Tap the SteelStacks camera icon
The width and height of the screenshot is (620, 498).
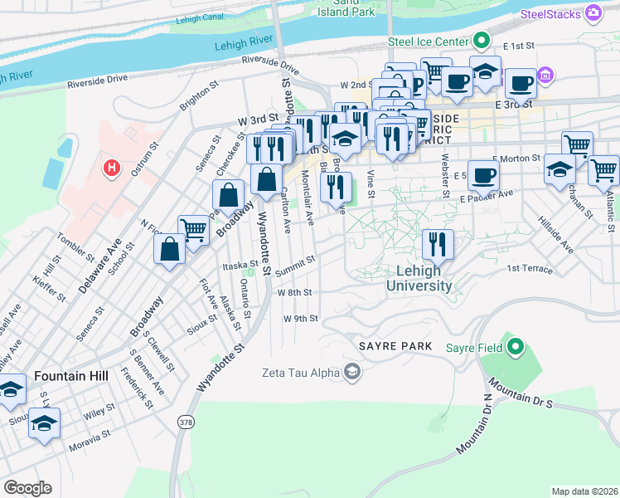(593, 12)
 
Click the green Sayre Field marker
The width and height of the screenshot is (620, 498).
(516, 346)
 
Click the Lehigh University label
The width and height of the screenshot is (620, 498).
(419, 278)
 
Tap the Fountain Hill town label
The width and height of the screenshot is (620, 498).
(71, 376)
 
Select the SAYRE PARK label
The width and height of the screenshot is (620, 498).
(395, 345)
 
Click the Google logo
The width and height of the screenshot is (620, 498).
(27, 488)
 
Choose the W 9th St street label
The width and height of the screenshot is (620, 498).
(300, 318)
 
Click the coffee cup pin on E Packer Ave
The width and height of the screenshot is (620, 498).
(483, 175)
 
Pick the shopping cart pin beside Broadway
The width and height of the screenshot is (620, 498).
(194, 230)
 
